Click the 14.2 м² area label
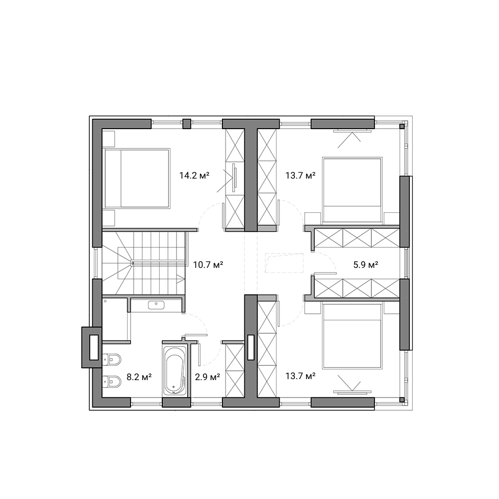point(194,176)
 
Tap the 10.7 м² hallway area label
point(208,264)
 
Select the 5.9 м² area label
point(366,264)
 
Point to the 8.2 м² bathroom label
point(139,377)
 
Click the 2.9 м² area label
point(208,377)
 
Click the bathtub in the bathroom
point(174,371)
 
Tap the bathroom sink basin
point(156,305)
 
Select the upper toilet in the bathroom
point(112,360)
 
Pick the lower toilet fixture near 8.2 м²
point(112,381)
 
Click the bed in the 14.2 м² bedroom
point(136,178)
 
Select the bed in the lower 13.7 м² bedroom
point(352,336)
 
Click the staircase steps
point(143,263)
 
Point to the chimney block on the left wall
point(92,347)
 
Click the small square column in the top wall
point(187,123)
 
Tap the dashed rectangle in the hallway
point(284,263)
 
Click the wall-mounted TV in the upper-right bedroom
point(352,131)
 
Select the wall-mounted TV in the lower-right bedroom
point(352,392)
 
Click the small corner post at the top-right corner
point(402,127)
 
